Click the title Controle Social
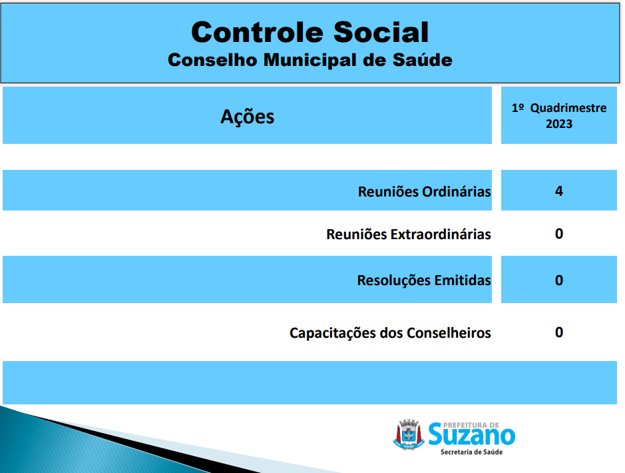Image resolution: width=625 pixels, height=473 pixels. [310, 32]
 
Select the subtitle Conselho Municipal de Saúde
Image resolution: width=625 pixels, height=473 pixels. [310, 60]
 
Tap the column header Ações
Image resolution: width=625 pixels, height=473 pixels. [247, 117]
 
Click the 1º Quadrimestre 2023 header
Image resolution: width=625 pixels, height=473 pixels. [559, 116]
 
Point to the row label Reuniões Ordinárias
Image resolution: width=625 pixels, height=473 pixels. [424, 192]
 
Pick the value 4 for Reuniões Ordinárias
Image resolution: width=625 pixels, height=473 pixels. [559, 191]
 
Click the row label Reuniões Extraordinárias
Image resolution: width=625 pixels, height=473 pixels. [409, 234]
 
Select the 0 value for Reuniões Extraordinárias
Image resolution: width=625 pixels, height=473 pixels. [559, 234]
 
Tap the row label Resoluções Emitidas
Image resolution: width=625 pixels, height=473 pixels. [424, 280]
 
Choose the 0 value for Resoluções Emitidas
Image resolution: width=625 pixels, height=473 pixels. [559, 280]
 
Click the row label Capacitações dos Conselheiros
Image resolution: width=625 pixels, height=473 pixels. [390, 333]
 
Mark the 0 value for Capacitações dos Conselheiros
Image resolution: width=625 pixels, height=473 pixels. [559, 332]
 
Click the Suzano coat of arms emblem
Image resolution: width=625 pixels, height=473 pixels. [409, 434]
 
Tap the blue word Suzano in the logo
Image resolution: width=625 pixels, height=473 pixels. [471, 435]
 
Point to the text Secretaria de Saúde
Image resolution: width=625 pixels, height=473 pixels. [471, 452]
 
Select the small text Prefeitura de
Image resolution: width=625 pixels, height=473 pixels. [471, 425]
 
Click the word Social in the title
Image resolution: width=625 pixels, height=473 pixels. [381, 32]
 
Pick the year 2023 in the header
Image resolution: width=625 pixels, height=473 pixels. [559, 124]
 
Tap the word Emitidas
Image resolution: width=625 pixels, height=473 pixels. [463, 280]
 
